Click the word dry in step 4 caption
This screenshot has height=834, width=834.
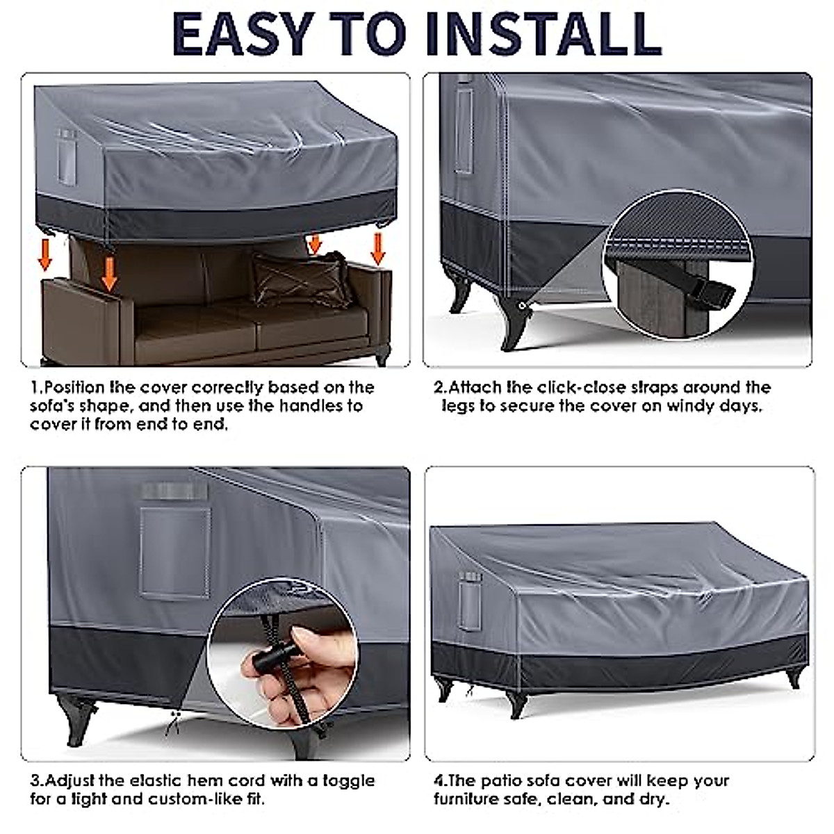(654, 799)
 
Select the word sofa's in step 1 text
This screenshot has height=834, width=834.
(58, 405)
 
